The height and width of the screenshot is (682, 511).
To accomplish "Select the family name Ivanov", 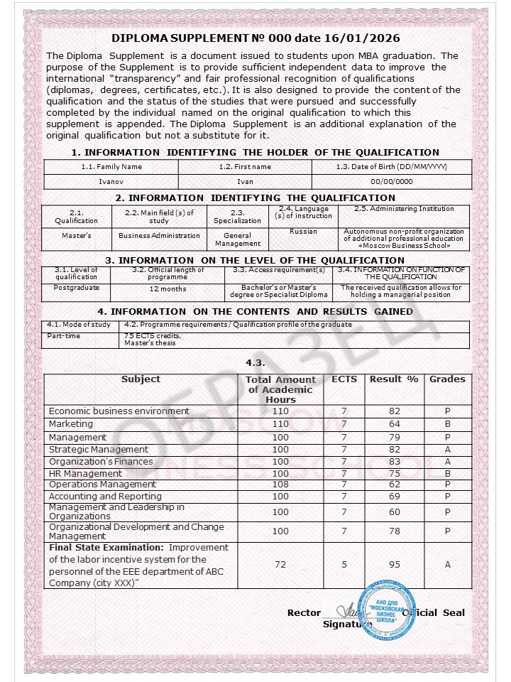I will coord(111,182).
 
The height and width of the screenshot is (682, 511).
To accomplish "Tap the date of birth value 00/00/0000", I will coord(391,182).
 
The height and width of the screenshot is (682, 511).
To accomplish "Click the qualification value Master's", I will coord(76,236).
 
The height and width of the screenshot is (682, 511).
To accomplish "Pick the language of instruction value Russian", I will coord(303,232).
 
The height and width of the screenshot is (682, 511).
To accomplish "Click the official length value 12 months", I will coord(168,289).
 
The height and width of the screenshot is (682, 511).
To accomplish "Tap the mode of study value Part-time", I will coord(63,335).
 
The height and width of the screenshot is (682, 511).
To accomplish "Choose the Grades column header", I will coord(447,379).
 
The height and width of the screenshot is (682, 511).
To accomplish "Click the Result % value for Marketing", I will coord(395,424).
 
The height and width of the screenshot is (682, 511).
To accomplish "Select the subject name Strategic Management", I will coord(99,449).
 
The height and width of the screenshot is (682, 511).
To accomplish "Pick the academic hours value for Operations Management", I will coord(280,485).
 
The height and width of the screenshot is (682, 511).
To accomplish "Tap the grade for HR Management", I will coord(448,473).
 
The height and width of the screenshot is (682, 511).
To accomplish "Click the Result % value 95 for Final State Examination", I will coord(395,565).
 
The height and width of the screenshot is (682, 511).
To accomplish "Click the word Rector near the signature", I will coord(304,613).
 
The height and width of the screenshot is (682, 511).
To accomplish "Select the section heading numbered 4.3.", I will coord(255,363).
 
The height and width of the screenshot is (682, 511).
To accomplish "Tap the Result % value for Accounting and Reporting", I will coord(395,497).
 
